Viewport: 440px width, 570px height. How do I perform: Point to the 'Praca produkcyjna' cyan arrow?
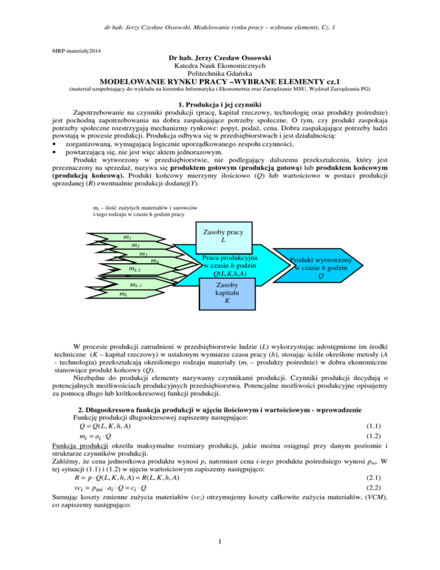pos(227,264)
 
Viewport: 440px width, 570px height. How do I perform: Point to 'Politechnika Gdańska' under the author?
pos(219,76)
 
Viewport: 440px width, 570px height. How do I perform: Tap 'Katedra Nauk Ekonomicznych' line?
pos(219,67)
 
